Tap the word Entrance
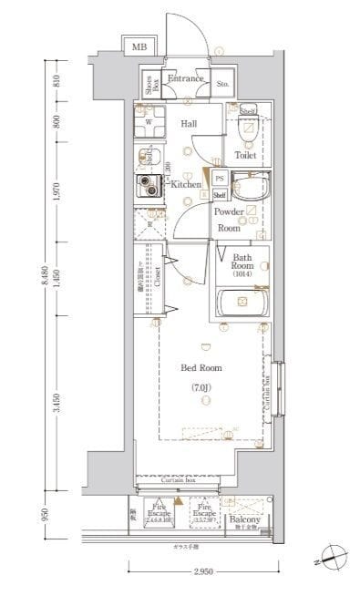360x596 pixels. coord(186,80)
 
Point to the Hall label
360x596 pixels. coord(189,123)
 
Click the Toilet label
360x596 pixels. coord(245,155)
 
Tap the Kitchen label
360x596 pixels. coord(186,185)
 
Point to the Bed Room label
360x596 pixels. coord(201,368)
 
